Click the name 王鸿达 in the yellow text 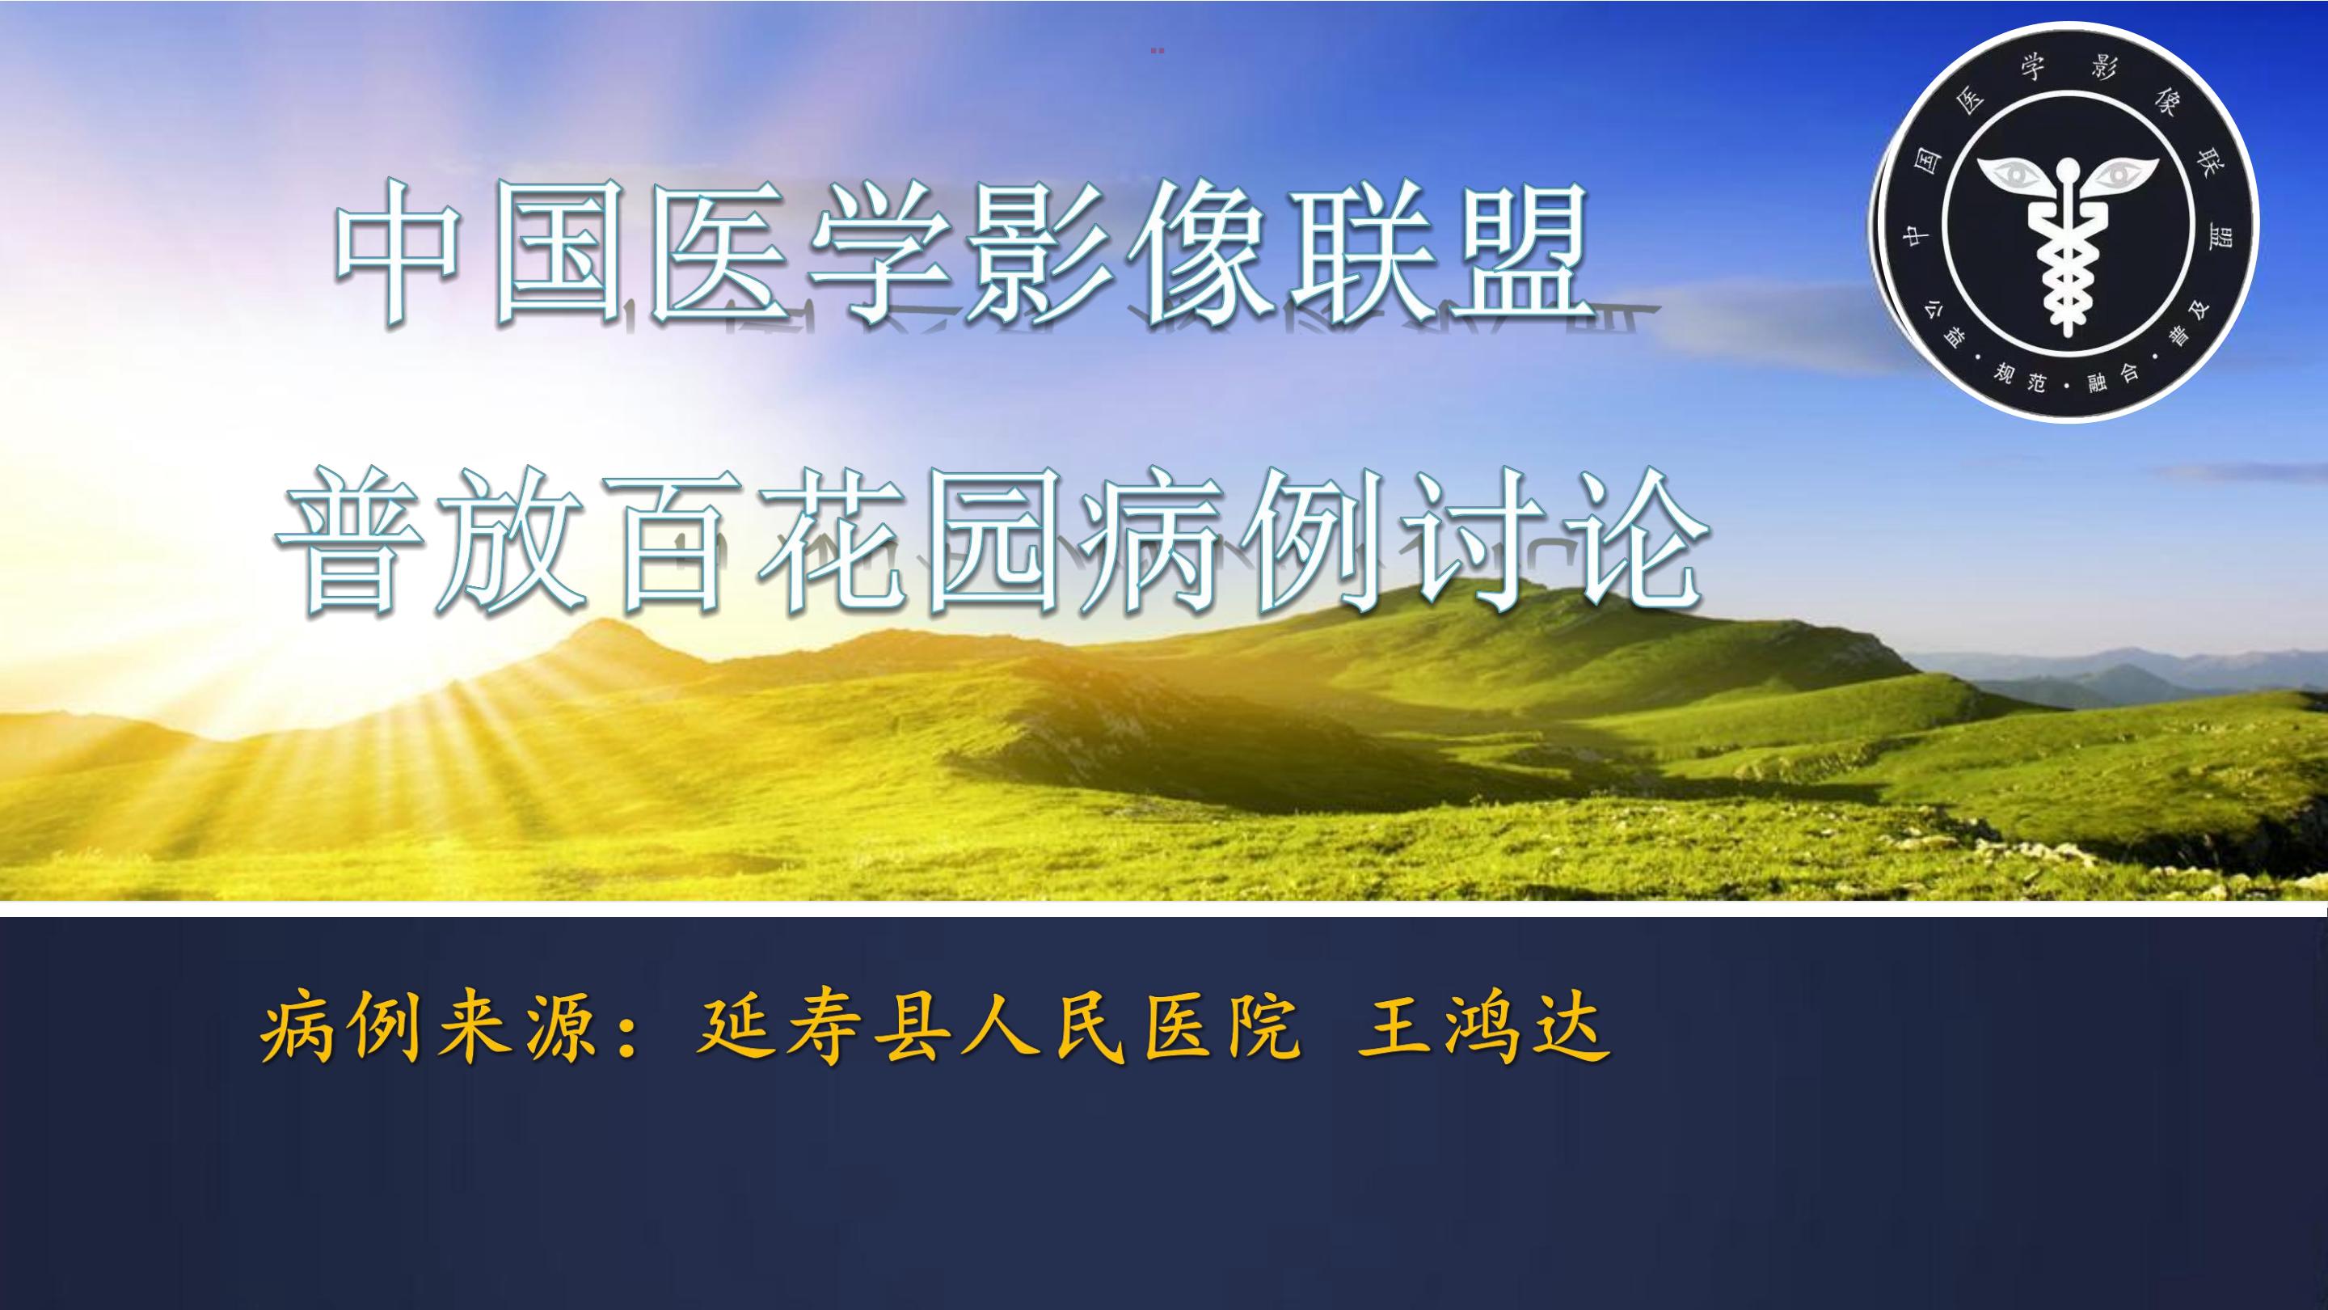1483,1029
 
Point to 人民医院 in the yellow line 1130,1029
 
